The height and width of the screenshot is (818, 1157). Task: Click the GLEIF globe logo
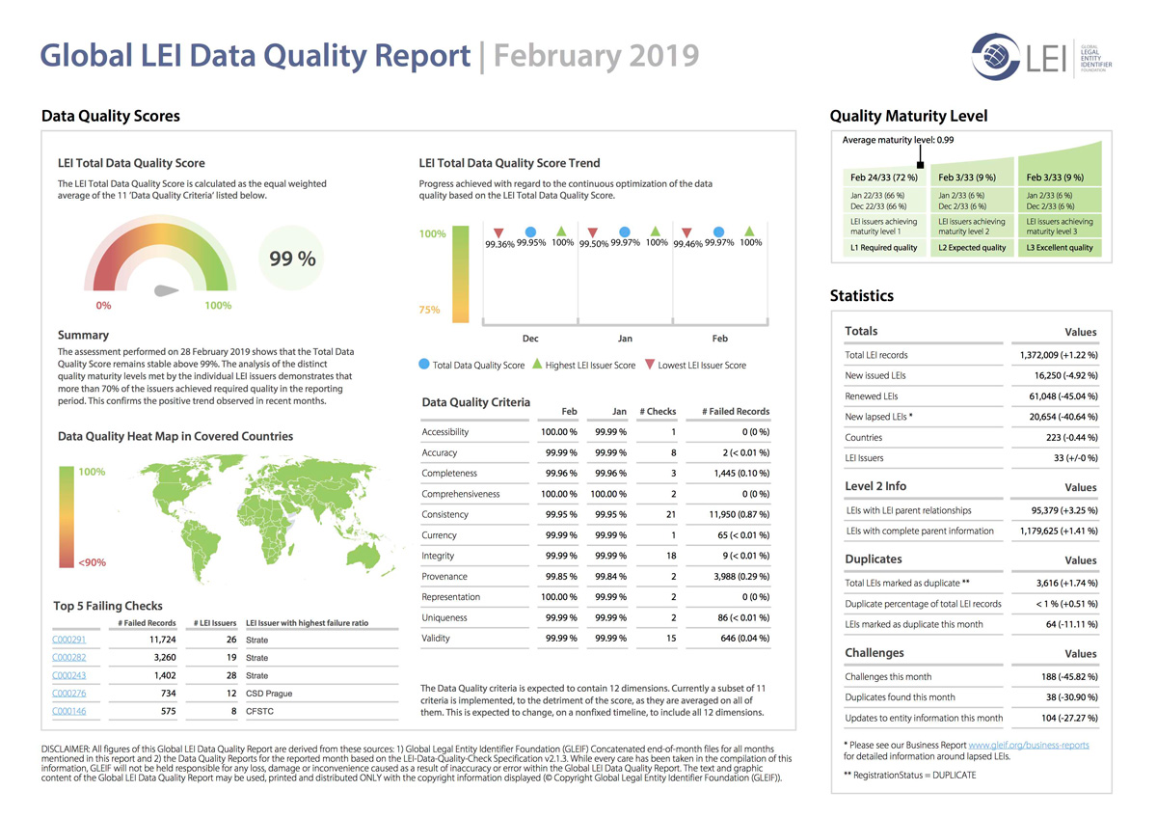pos(995,57)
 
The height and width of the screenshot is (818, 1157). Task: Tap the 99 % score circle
pos(292,258)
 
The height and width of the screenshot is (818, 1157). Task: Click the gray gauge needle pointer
pos(166,291)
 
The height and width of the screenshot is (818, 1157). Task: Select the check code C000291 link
pos(68,640)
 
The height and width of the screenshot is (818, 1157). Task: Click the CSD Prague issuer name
pos(269,694)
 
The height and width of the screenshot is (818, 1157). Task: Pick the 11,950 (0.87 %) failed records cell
pos(740,515)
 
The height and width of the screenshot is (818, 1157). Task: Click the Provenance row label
pos(444,577)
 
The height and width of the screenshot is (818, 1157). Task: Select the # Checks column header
pos(658,411)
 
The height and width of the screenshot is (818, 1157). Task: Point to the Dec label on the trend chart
pos(530,339)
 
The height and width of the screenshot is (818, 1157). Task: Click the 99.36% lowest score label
pos(499,244)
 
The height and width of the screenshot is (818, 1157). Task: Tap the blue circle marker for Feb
pos(718,232)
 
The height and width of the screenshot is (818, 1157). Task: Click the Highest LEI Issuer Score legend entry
pos(583,365)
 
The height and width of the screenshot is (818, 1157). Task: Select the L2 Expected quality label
pos(972,248)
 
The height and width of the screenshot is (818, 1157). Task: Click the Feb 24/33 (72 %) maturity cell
pos(884,177)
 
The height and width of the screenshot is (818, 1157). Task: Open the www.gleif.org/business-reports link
pos(1029,745)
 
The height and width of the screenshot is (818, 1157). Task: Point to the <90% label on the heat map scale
pos(92,562)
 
